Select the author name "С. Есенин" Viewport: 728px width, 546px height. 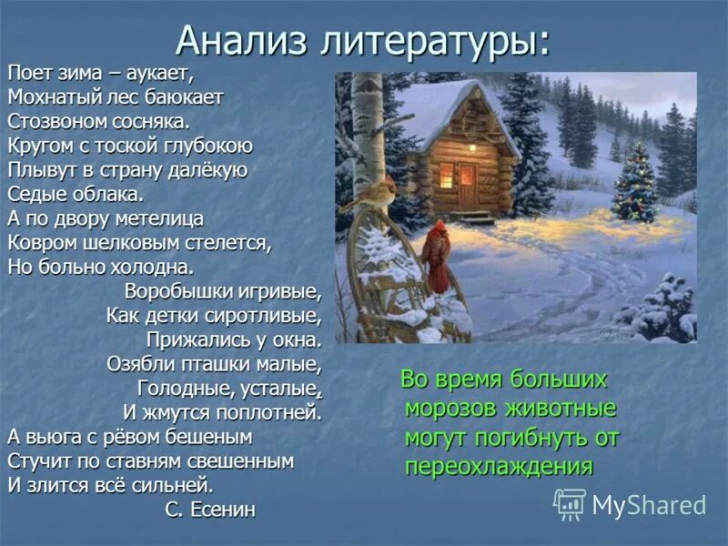coord(211,509)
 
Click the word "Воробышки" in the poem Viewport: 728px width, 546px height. coord(187,293)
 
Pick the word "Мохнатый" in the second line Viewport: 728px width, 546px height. coord(46,96)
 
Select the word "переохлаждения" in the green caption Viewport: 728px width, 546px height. coord(499,467)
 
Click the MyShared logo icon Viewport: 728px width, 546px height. coord(570,504)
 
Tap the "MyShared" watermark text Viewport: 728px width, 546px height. coord(649,505)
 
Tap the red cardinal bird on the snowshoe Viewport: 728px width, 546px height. coord(436,255)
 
